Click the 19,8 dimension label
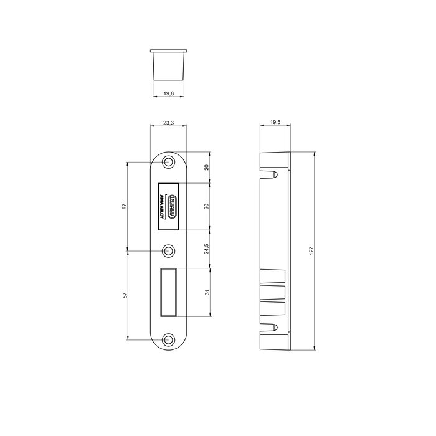point(168,93)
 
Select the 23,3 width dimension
point(168,123)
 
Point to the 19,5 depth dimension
point(275,123)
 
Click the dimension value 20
point(207,168)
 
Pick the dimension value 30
point(207,207)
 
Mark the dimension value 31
point(207,292)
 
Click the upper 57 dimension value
point(124,207)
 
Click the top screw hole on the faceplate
point(168,163)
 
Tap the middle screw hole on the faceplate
point(168,251)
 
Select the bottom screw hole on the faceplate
point(168,339)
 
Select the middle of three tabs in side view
point(275,292)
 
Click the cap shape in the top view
point(168,62)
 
